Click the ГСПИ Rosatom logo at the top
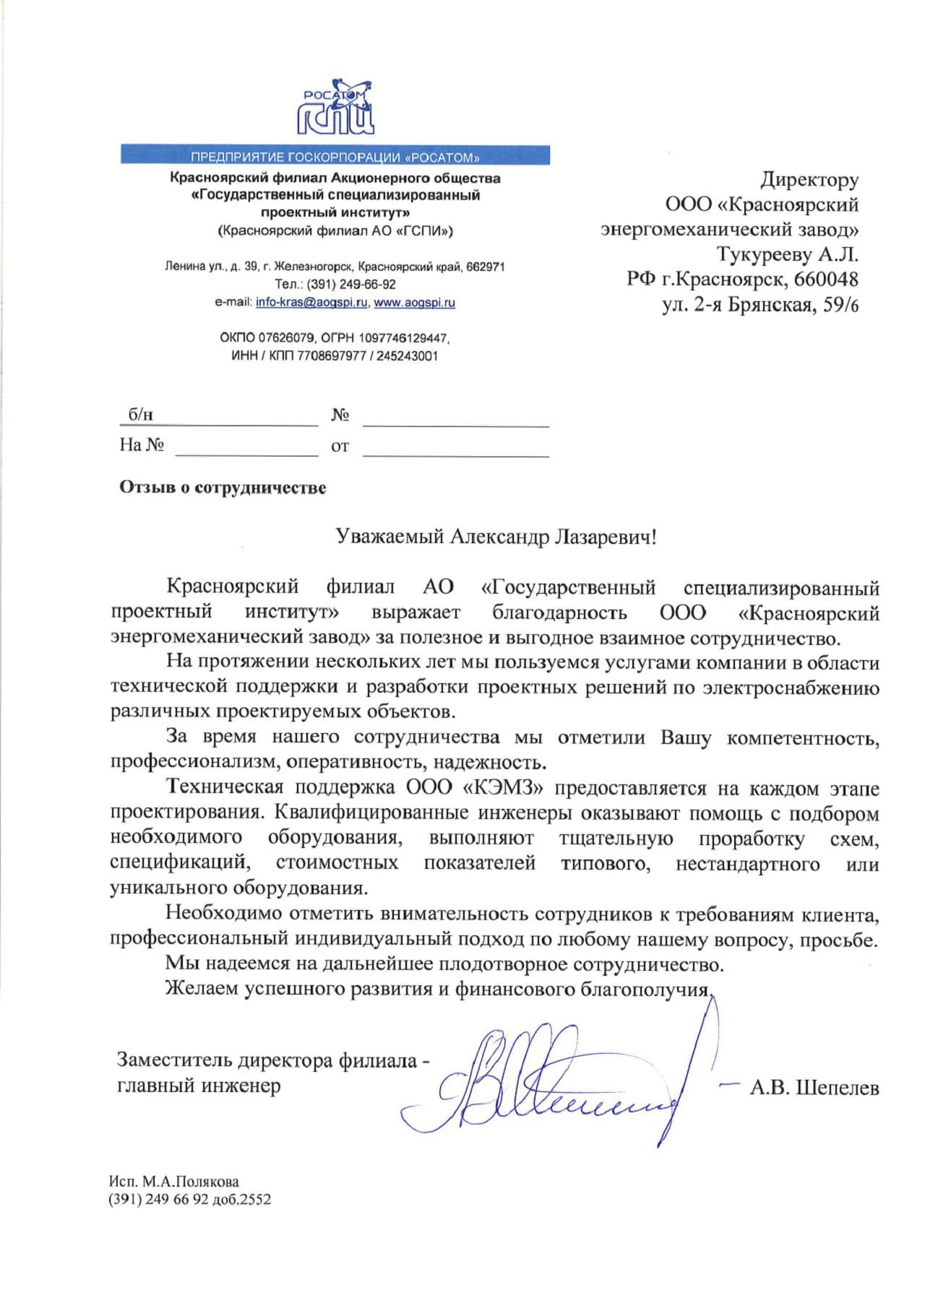click(x=336, y=108)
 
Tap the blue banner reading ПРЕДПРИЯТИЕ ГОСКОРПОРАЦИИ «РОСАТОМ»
click(x=335, y=156)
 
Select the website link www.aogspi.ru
click(x=414, y=303)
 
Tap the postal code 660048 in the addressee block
click(x=826, y=279)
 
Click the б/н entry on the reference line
click(x=141, y=415)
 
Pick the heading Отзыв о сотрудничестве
click(x=223, y=488)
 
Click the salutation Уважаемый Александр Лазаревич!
click(x=496, y=537)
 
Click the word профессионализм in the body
click(x=194, y=762)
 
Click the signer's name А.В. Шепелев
click(x=814, y=1087)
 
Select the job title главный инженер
click(x=199, y=1085)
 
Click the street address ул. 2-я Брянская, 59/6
click(x=760, y=304)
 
